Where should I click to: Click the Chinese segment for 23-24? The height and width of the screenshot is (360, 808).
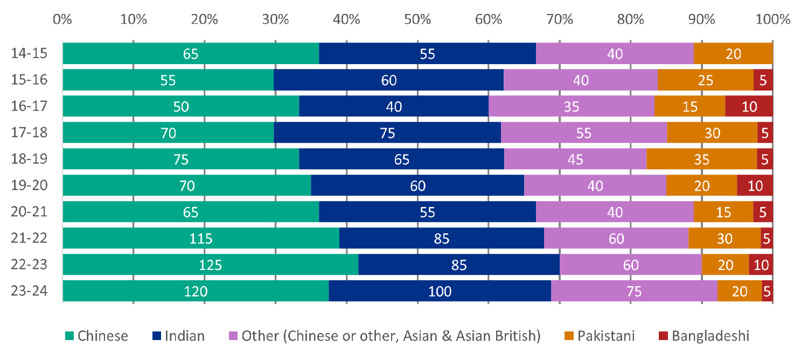(x=196, y=291)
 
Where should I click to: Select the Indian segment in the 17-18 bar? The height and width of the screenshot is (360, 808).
(x=387, y=133)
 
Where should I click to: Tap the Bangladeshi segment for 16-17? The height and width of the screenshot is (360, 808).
(x=749, y=106)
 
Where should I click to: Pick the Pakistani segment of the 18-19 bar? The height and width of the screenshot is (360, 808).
(x=701, y=159)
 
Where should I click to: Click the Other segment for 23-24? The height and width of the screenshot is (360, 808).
(x=633, y=291)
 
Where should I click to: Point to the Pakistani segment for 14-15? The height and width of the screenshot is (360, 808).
(x=733, y=53)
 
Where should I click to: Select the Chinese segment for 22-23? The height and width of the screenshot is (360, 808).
(x=210, y=265)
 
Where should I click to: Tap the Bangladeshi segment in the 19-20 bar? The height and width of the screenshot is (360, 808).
(x=755, y=185)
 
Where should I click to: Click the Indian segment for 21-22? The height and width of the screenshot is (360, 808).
(x=441, y=238)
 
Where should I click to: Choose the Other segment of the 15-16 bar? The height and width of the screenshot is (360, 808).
(x=581, y=80)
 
